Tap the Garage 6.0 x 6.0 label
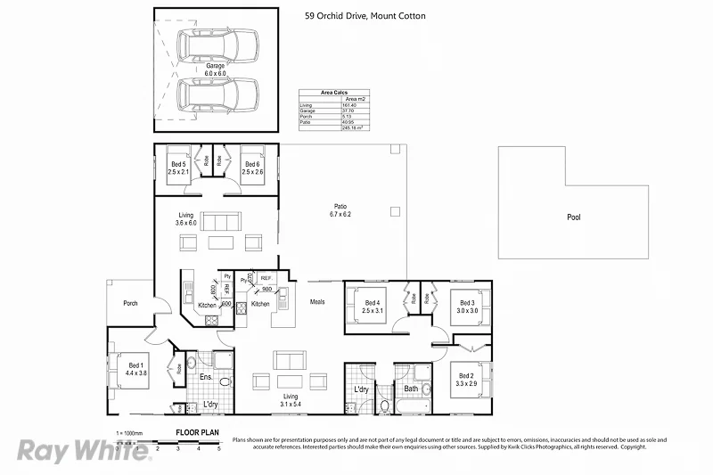point(216,69)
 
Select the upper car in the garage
point(217,43)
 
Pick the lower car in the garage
point(217,94)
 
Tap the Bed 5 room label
point(178,168)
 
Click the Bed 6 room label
point(252,168)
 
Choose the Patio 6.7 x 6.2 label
point(340,210)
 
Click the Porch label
point(131,303)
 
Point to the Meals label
point(317,302)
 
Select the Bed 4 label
point(373,307)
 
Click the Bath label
point(411,389)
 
